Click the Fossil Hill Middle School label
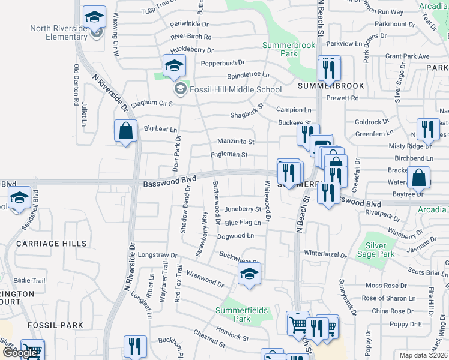(235, 90)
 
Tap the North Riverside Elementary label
(59, 32)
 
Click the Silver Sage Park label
(376, 250)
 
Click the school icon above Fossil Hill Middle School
(174, 66)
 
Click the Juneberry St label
(243, 209)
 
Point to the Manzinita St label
(236, 142)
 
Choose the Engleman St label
(229, 155)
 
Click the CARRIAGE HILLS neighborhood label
(52, 244)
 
